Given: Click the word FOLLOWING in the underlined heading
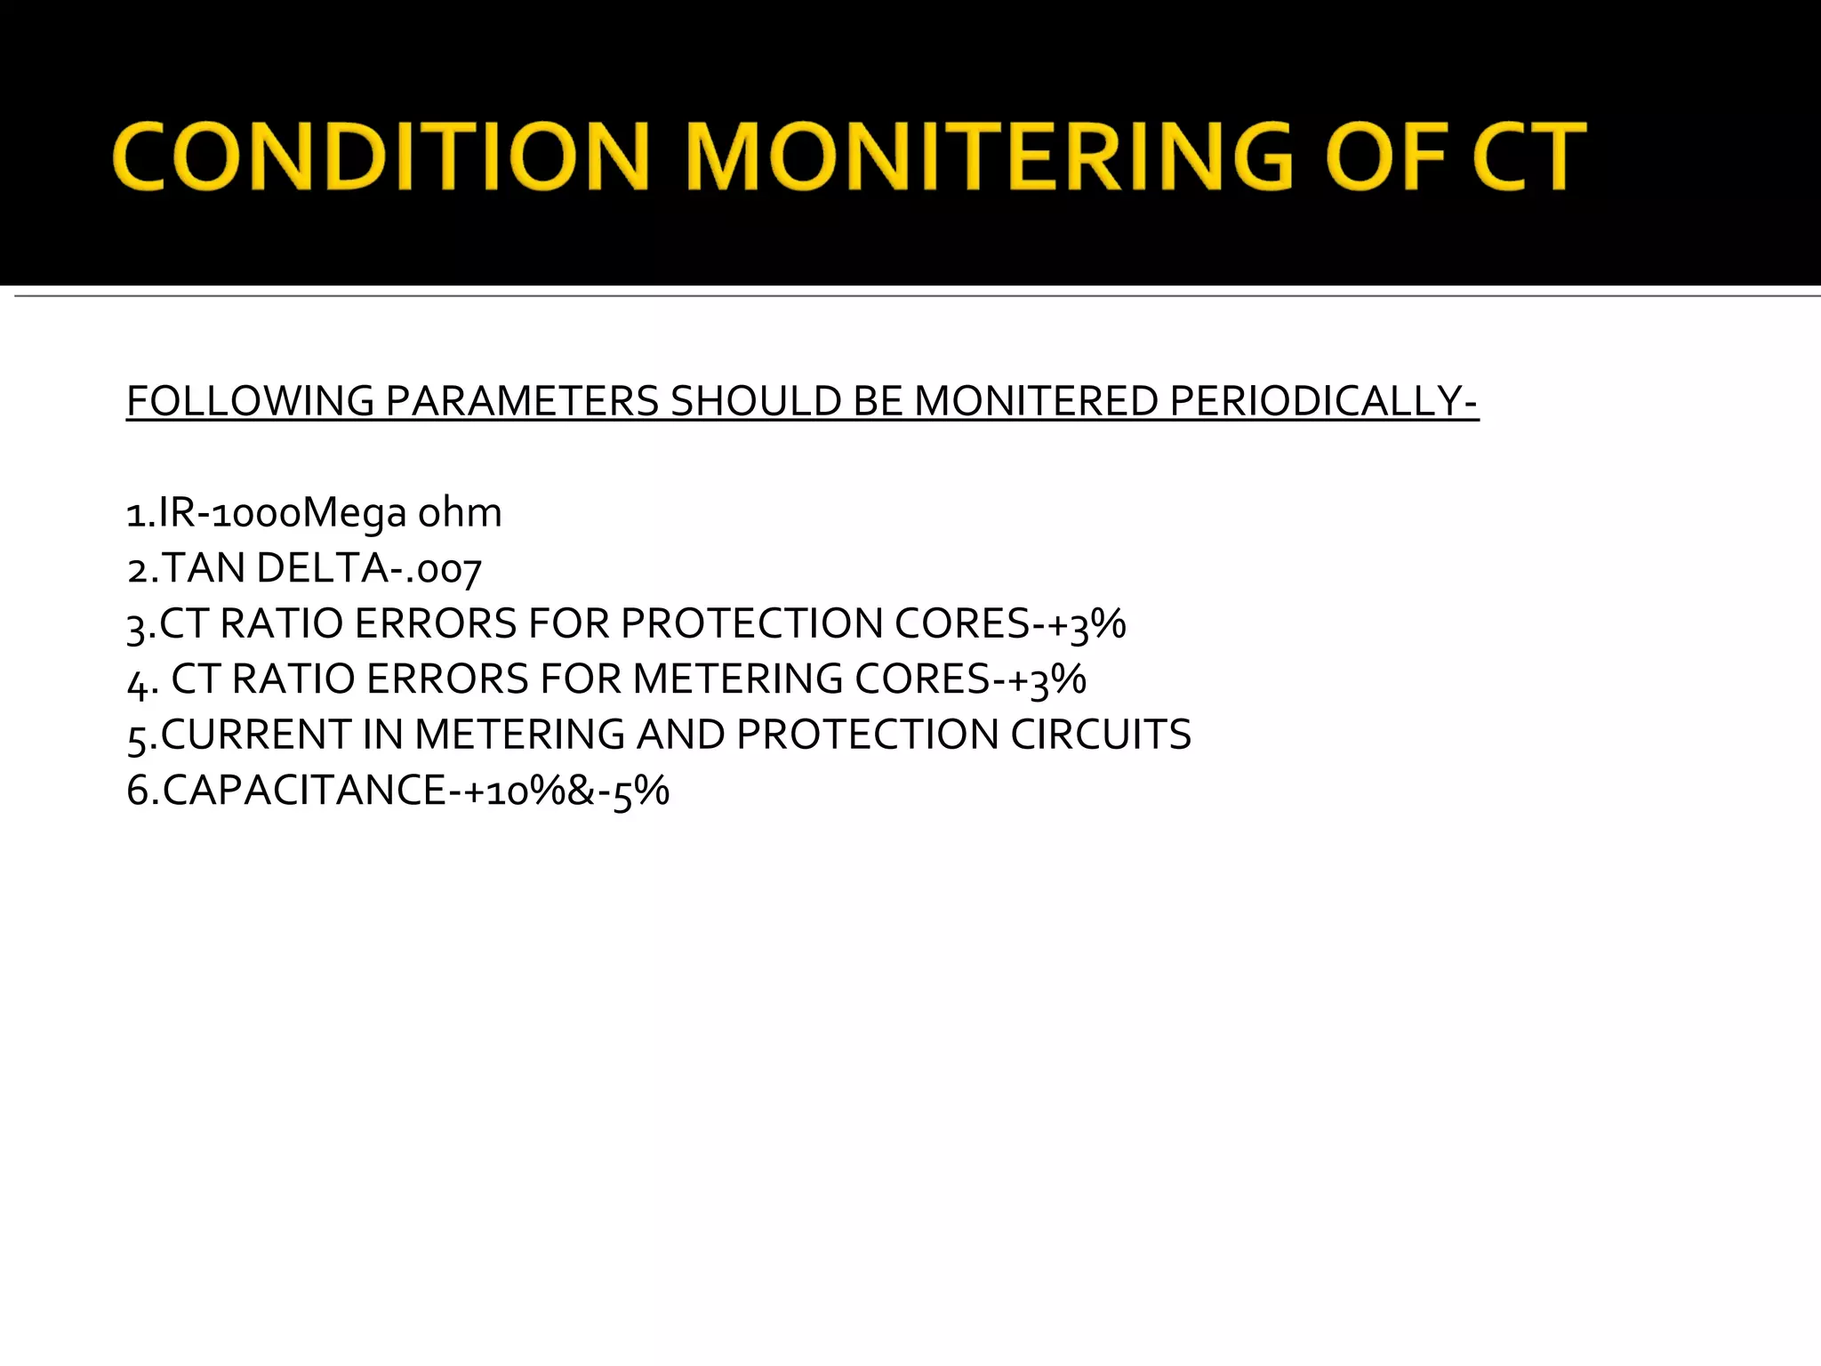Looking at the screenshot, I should coord(250,401).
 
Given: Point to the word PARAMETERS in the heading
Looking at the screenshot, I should coord(522,401).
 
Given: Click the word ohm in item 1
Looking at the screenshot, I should coord(460,513).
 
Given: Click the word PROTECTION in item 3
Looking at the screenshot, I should coord(751,623).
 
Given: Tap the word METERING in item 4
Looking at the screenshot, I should coord(737,679).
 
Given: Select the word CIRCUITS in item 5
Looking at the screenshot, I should coord(1101,735).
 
